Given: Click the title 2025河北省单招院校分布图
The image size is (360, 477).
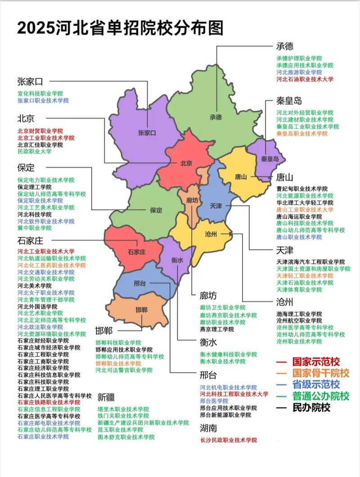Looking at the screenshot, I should [x=120, y=27].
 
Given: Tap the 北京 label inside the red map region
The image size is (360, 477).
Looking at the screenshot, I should [x=186, y=163].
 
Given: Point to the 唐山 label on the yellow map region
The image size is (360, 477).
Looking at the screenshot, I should [x=241, y=177].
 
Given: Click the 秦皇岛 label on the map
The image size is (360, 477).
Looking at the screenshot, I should [x=270, y=159].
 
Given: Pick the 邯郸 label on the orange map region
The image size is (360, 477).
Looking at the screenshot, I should [x=141, y=310].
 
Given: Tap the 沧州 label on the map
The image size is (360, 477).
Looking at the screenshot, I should [x=211, y=234].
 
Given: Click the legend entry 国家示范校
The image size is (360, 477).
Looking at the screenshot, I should [x=315, y=361].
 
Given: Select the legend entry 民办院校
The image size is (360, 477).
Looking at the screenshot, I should [x=311, y=408].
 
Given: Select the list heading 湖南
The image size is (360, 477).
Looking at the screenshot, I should [x=208, y=428].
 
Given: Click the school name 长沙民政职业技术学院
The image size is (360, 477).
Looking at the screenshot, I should [x=228, y=440].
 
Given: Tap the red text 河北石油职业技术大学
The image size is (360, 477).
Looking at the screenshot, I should [x=305, y=79].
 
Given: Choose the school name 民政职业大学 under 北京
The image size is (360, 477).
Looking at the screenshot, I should [x=34, y=152].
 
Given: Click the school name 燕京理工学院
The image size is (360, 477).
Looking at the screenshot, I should [x=217, y=329].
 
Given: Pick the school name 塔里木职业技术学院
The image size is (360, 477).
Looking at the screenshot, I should [x=123, y=409].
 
